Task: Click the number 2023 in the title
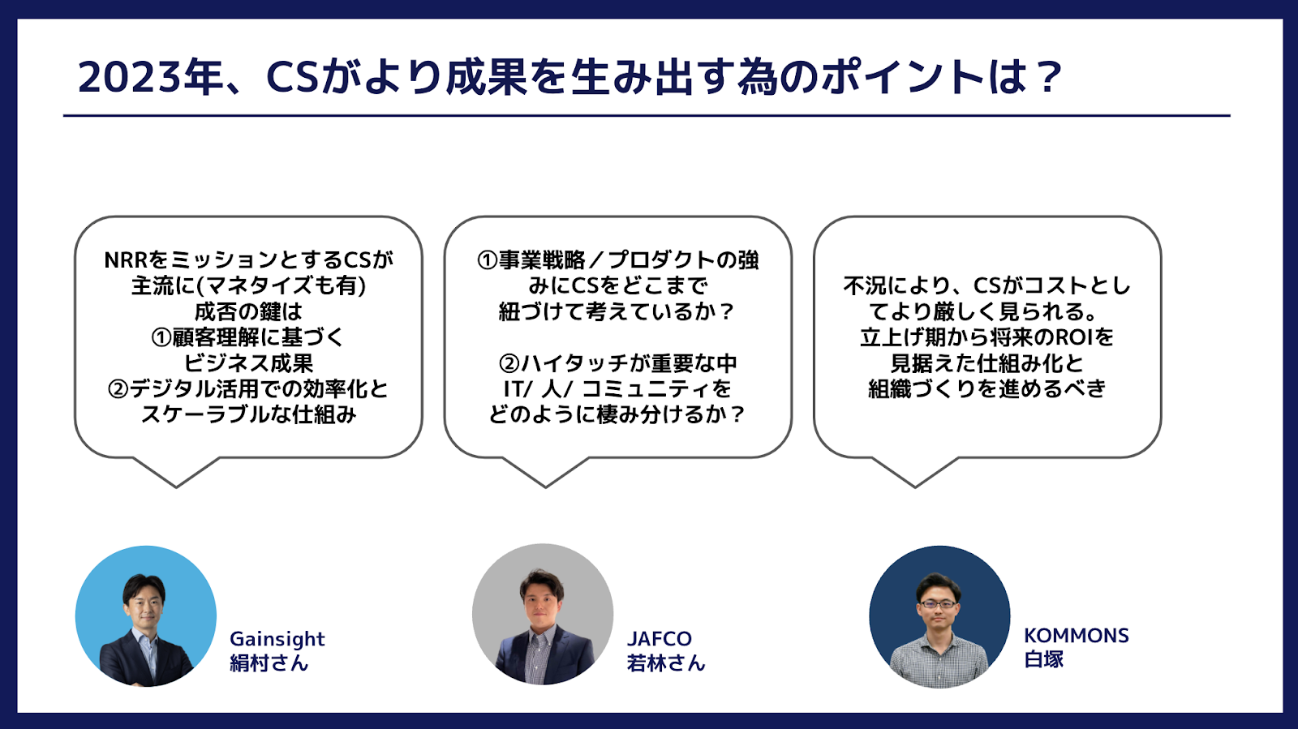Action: [130, 77]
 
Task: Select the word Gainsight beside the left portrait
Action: [277, 639]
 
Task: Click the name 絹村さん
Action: [269, 663]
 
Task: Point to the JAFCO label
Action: [660, 639]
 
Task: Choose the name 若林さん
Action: [666, 663]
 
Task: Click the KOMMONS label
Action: [1076, 636]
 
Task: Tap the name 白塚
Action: [1043, 659]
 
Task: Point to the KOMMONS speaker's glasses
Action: [938, 604]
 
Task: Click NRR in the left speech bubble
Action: [126, 260]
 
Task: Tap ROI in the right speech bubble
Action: [1076, 337]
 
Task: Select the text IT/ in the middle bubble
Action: [518, 389]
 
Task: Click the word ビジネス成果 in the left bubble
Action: [248, 363]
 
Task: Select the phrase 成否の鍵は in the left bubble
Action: [248, 312]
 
